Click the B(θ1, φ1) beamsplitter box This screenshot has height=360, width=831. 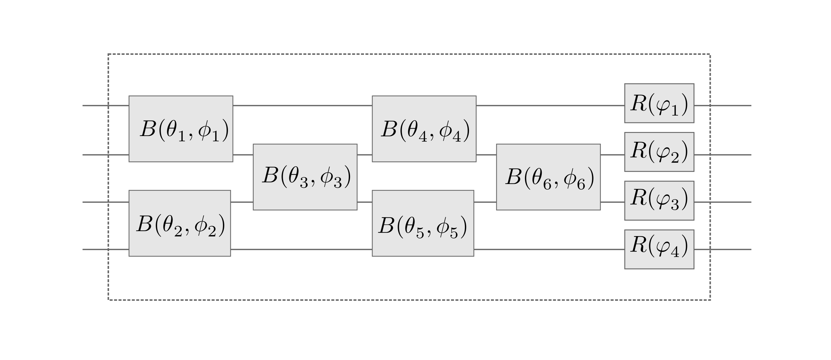(x=181, y=129)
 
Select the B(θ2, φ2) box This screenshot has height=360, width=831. (x=180, y=223)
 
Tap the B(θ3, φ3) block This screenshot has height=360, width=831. (x=305, y=177)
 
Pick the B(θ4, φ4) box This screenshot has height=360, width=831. (x=424, y=129)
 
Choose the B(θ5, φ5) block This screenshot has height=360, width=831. (x=422, y=223)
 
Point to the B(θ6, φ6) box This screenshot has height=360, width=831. (x=548, y=177)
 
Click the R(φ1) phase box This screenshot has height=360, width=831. (x=659, y=103)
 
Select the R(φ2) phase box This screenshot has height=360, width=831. (x=659, y=151)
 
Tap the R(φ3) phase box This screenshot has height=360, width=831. (x=659, y=200)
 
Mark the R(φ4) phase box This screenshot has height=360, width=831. (x=659, y=249)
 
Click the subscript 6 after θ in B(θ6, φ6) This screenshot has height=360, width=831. (x=547, y=185)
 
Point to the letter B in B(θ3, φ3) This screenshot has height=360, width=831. (x=270, y=176)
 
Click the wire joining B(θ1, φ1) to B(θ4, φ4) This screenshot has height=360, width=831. (x=302, y=105)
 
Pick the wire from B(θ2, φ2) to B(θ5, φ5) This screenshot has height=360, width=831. (x=301, y=249)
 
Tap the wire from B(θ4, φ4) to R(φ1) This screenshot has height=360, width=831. (x=550, y=105)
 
